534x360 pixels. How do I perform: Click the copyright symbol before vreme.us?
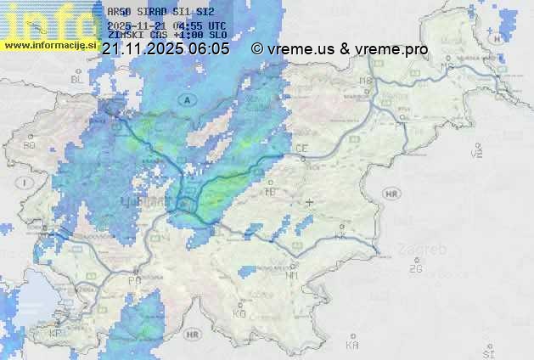tap(257, 49)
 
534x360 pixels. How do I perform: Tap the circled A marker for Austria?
tap(184, 100)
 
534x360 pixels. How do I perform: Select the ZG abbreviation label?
tap(415, 268)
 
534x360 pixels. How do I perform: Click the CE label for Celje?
tap(301, 149)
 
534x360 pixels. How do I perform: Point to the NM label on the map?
tap(293, 274)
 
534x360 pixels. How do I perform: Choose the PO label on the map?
tap(134, 279)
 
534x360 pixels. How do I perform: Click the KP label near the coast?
tap(56, 334)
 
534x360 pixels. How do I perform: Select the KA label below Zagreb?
tap(352, 345)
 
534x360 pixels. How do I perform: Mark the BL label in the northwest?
tap(78, 78)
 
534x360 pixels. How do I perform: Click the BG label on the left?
tap(29, 145)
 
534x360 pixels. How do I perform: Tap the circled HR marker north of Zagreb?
tap(391, 194)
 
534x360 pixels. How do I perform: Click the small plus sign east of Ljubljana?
tap(309, 202)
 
